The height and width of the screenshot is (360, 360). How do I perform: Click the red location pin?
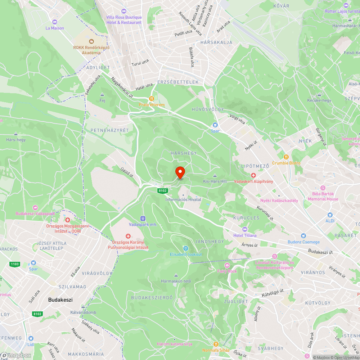180,172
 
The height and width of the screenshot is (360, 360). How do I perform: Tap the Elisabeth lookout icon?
186,248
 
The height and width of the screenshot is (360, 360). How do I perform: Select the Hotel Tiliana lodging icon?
245,229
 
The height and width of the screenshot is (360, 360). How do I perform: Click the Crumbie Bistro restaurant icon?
286,157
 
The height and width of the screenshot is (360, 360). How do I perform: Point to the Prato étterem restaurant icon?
152,98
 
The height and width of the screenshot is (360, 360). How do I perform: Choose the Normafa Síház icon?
216,344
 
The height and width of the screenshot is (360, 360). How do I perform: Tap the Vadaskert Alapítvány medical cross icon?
253,175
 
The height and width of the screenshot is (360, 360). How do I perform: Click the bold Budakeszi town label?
60,300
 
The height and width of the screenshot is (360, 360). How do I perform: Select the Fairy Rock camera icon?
227,265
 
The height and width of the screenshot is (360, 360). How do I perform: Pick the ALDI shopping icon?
330,214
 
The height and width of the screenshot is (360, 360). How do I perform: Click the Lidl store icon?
31,338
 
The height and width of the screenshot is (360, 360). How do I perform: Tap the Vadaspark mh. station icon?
143,218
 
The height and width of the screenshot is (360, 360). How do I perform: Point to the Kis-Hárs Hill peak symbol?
215,175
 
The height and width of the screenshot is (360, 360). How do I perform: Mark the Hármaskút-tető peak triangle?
176,275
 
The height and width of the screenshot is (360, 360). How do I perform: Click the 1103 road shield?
14,264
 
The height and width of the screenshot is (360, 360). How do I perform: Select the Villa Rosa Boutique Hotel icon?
124,12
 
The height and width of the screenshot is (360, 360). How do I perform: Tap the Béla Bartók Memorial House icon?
323,188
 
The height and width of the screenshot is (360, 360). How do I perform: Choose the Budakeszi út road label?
320,252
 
